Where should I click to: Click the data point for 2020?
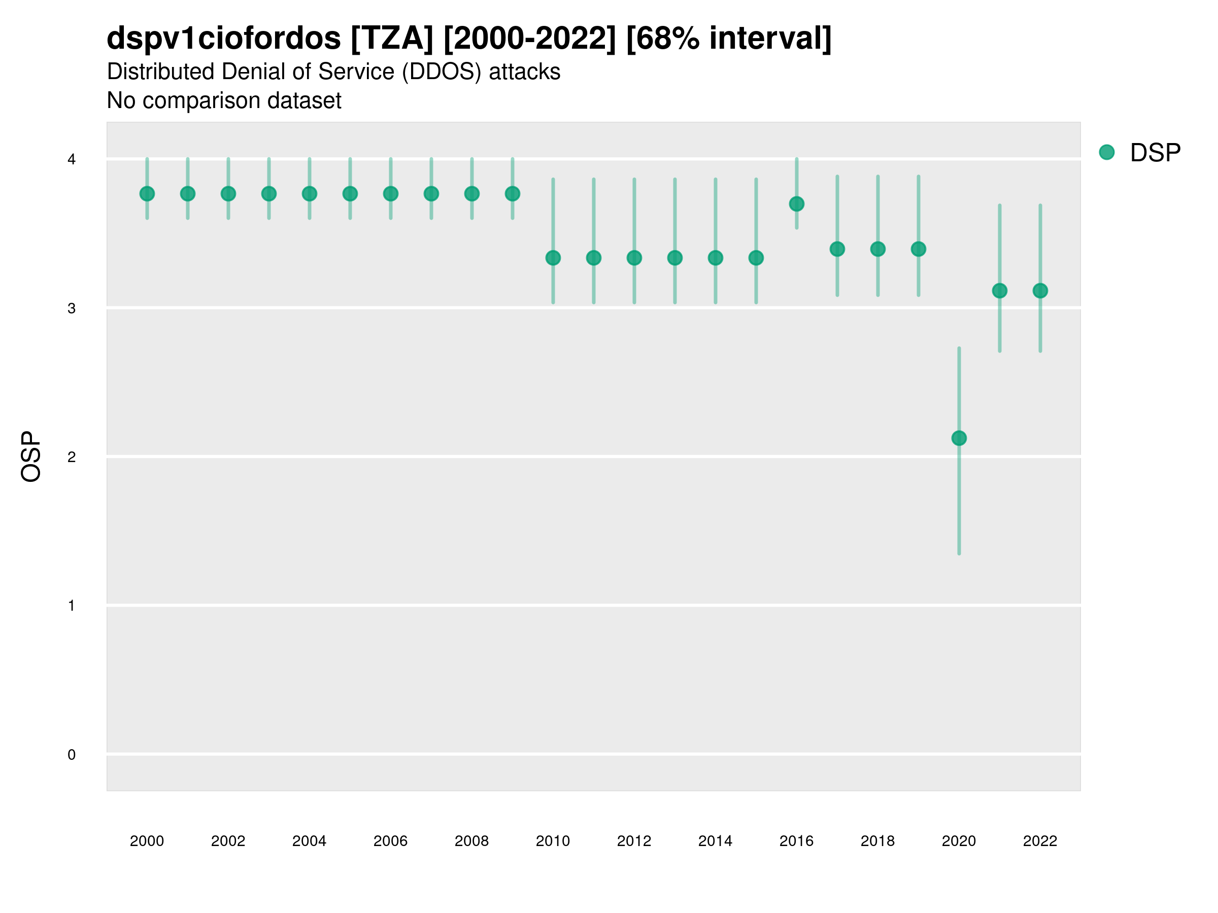[959, 438]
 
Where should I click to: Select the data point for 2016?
[796, 204]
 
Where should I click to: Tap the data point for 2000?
[147, 194]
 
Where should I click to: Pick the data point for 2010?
[553, 258]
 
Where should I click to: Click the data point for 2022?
[1040, 291]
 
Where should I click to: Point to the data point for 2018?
[877, 250]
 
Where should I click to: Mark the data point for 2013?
[674, 258]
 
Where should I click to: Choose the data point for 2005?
[350, 194]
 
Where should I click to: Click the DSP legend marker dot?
[1107, 153]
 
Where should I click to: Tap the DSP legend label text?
[1155, 153]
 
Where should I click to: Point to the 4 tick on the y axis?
[72, 160]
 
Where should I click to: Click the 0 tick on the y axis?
[72, 755]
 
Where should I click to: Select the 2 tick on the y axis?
[72, 457]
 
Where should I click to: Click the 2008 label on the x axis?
[471, 841]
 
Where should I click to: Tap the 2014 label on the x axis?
[715, 841]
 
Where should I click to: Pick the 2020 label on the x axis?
[959, 841]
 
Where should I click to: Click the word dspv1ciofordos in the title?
[224, 39]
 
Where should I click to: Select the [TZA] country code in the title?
[392, 39]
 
